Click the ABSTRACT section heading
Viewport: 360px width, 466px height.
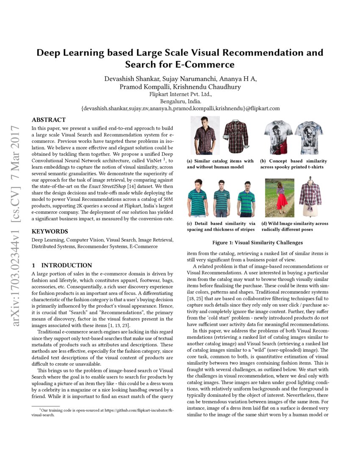[49, 120]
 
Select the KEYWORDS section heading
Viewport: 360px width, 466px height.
[50, 232]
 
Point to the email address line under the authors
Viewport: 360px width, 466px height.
[180, 108]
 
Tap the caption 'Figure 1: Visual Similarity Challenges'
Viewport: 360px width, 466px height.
[257, 243]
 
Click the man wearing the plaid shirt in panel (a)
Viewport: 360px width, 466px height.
[199, 136]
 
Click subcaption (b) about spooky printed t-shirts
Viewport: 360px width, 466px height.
[294, 164]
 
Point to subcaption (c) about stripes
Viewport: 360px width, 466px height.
[221, 226]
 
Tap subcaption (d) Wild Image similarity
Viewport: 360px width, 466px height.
[294, 226]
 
